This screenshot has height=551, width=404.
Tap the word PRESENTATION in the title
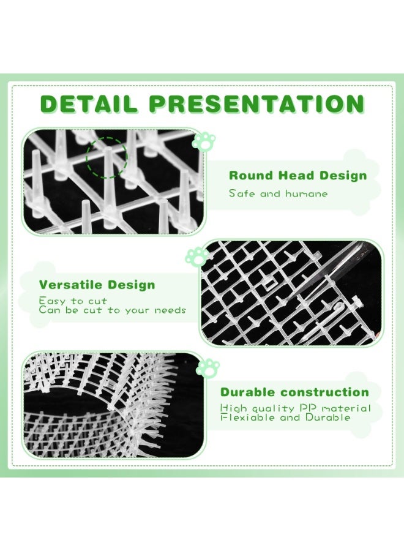pos(257,104)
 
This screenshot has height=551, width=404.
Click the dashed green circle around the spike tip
pos(107,157)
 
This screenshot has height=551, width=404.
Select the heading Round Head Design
pos(297,176)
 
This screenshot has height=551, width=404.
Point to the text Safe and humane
pos(278,193)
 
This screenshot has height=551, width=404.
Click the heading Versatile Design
pos(97,285)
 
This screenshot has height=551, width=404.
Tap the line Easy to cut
pos(73,301)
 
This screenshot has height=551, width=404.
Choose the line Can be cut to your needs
pos(112,310)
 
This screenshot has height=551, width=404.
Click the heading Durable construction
pos(294,392)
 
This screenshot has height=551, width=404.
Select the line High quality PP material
pos(296,408)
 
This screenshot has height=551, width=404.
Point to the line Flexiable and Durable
pos(285,417)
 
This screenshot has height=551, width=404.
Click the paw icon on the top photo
pos(203,141)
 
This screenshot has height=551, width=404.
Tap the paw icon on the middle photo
pos(196,256)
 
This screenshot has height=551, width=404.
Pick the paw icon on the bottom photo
pos(209,367)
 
